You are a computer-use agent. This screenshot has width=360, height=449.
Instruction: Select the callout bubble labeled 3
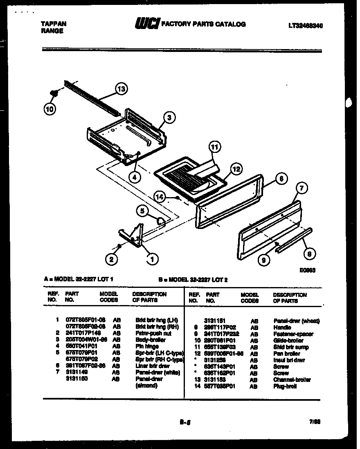coord(170,117)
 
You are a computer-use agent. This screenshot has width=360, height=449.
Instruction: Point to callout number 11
coord(214,146)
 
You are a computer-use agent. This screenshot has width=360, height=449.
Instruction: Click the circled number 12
coord(236,168)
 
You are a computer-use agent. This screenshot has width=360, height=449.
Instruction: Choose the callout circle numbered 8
coord(310,253)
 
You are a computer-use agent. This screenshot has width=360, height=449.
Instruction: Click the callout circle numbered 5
coord(142,211)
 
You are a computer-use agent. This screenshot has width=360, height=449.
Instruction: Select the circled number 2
coord(110,258)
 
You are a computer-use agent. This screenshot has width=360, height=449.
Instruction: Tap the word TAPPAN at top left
coord(54,24)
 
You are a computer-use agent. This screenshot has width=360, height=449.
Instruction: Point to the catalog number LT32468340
coord(306,25)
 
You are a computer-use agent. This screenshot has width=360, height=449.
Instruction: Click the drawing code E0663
coord(307,270)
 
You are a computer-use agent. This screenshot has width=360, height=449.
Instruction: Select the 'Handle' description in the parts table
coord(282,328)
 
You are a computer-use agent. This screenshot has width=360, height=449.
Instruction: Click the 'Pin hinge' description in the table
coord(146,346)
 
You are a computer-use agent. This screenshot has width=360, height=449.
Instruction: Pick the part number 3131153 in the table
coord(215,380)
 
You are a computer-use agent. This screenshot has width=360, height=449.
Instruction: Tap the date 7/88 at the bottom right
coord(315,423)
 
